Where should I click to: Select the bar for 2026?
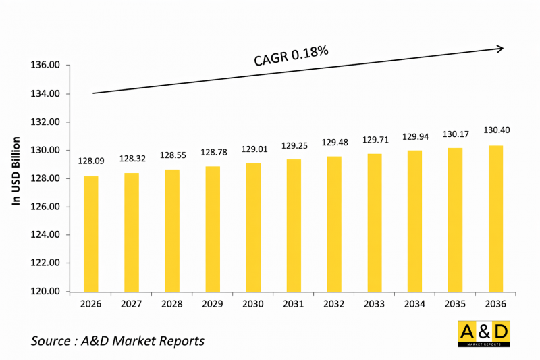tap(90, 234)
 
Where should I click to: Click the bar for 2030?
tap(253, 227)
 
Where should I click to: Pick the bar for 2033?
tap(375, 223)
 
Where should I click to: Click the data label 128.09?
tap(90, 162)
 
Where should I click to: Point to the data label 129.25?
tap(294, 145)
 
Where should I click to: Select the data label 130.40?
tap(495, 130)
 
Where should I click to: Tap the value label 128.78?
tap(213, 152)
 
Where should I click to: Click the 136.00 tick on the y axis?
tap(46, 66)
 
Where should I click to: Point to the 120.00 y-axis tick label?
tap(46, 292)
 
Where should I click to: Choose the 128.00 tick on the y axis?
tap(46, 179)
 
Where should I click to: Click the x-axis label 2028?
tap(172, 305)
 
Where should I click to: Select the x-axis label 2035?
tap(456, 305)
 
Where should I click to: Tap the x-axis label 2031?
tap(294, 305)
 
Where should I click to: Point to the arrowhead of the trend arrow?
tap(500, 48)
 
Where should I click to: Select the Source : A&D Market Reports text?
tap(117, 341)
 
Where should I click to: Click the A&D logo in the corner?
tap(483, 334)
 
